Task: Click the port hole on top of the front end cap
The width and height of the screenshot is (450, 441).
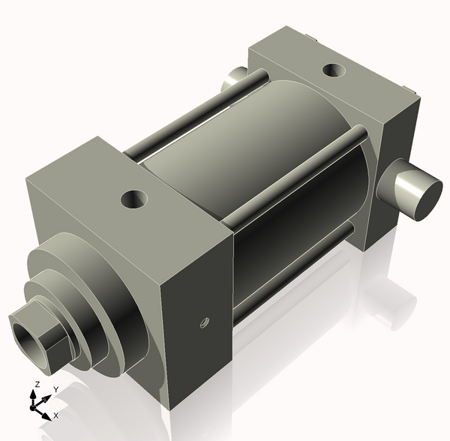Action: point(136,199)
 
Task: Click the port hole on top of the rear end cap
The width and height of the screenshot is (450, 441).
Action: point(333,71)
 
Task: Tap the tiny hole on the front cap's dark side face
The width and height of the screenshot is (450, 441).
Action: point(202,322)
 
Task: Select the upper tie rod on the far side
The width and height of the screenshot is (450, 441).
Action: point(195,112)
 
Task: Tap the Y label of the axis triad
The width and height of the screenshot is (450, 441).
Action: point(55,390)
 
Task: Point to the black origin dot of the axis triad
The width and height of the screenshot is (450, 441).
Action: point(32,407)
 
